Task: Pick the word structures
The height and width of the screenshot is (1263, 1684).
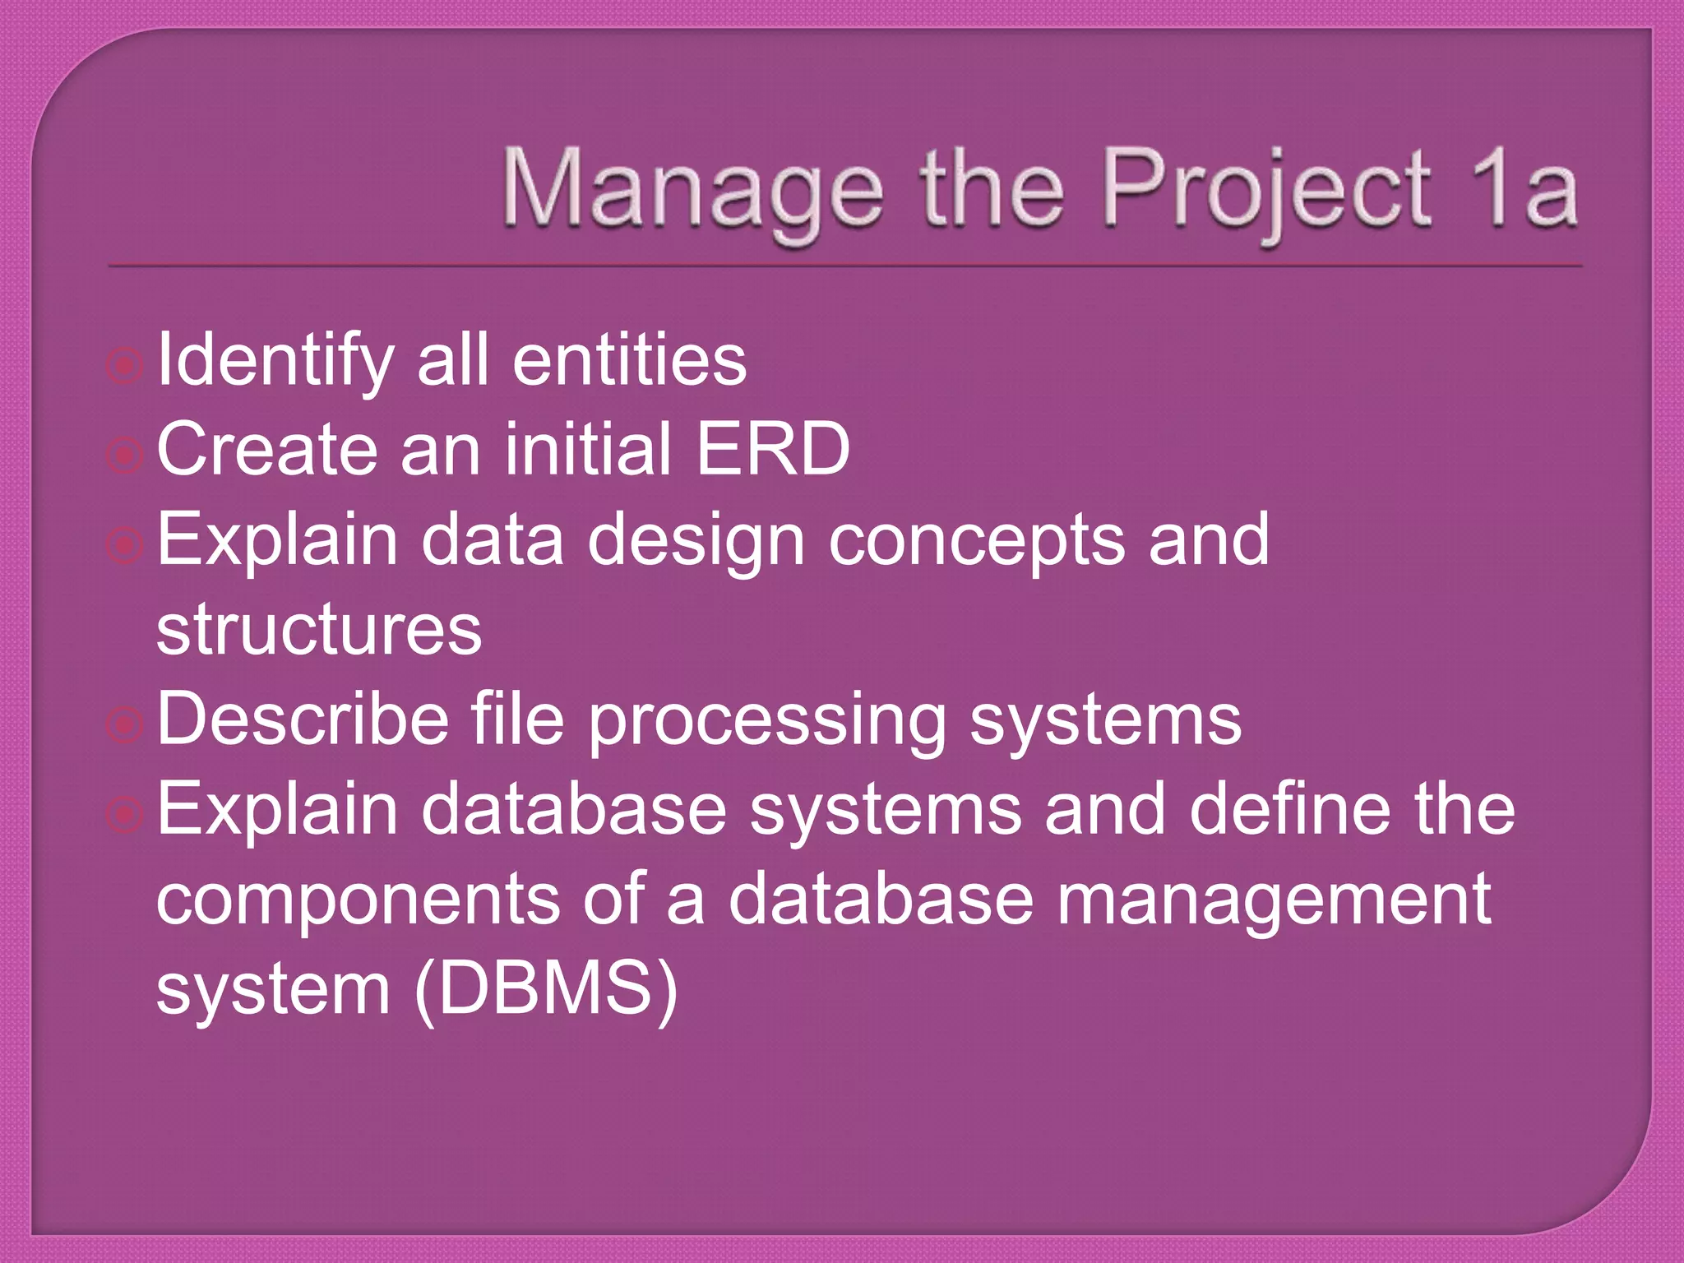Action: click(x=319, y=630)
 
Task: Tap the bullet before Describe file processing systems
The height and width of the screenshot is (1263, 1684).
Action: click(x=125, y=724)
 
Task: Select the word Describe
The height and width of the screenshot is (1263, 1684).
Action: click(x=303, y=719)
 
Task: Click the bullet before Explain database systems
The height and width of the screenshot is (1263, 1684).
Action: click(x=125, y=814)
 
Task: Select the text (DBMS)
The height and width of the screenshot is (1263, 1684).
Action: click(x=546, y=989)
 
